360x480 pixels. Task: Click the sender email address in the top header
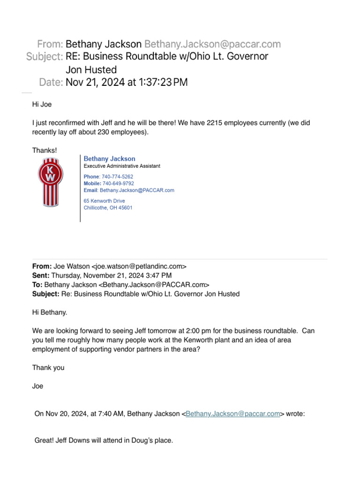[212, 44]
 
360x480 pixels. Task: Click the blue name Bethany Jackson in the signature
[109, 159]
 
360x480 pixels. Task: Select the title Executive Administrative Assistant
[122, 166]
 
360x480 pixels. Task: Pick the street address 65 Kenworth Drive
[104, 201]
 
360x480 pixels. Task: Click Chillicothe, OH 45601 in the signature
[108, 208]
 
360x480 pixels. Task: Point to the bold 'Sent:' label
[41, 276]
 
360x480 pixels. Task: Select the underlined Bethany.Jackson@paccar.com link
[233, 414]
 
